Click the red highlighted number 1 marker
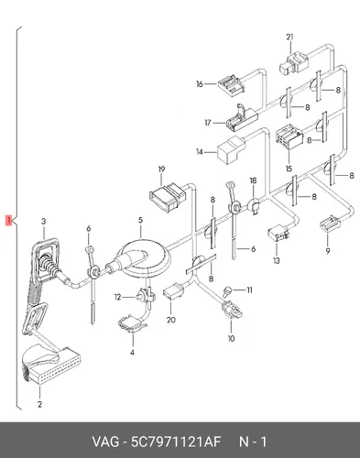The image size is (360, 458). click(9, 220)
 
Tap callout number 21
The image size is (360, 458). click(289, 37)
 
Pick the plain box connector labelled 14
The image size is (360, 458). click(231, 149)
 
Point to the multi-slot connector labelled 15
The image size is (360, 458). click(289, 139)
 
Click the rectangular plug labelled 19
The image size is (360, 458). click(168, 196)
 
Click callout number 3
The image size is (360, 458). click(44, 221)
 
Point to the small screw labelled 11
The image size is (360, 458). click(227, 290)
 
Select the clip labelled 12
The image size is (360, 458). click(146, 296)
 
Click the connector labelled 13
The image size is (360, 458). click(278, 233)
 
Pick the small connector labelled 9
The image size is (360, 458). click(330, 224)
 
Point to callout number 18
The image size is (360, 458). click(253, 180)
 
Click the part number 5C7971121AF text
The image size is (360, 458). click(176, 442)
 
